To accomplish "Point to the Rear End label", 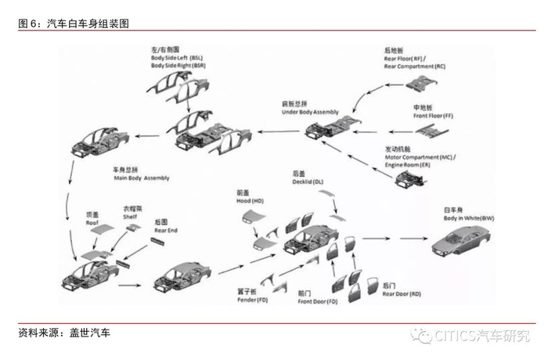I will pyautogui.click(x=166, y=225).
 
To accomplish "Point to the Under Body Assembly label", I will pyautogui.click(x=310, y=109).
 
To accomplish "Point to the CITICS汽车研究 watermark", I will pyautogui.click(x=478, y=337).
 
